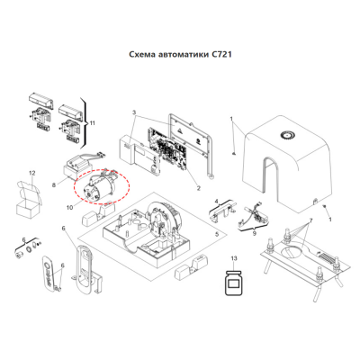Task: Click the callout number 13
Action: pyautogui.click(x=235, y=258)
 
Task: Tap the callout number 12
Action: pyautogui.click(x=31, y=172)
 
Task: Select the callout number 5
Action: pyautogui.click(x=216, y=235)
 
